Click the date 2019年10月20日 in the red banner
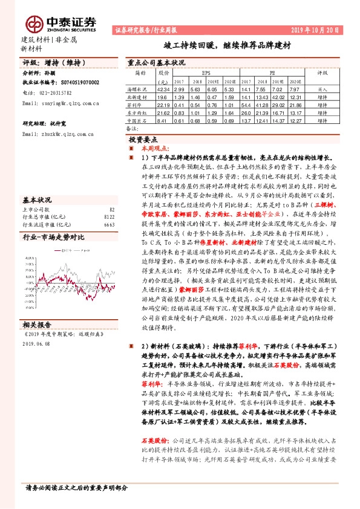318,30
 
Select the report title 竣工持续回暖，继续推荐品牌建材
226,45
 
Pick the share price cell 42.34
162,89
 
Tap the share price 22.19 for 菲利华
162,105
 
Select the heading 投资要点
150,138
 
